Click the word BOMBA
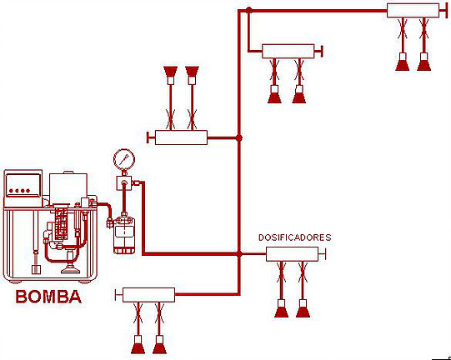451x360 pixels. coord(48,297)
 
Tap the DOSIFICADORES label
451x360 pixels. coord(295,237)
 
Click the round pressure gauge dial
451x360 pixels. coord(124,159)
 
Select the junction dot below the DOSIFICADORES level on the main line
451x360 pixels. coord(238,254)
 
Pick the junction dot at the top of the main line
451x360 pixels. coord(248,10)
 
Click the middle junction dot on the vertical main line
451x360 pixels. coord(238,138)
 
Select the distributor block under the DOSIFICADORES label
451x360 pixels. coord(293,254)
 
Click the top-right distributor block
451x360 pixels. coord(413,10)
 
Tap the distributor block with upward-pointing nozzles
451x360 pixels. coord(181,137)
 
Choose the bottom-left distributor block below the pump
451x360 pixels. coord(148,295)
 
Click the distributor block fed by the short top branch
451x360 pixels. coord(288,52)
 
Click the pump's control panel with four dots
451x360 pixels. coord(23,186)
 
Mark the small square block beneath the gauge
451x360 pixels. coord(124,182)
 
